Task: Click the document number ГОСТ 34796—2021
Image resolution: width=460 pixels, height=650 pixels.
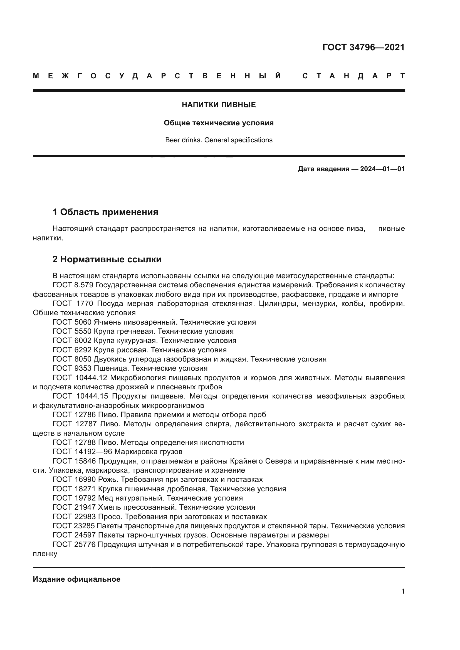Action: [x=363, y=47]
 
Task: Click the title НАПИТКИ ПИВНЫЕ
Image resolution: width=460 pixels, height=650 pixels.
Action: [x=219, y=105]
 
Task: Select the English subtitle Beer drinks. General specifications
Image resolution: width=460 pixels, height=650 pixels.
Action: [x=219, y=140]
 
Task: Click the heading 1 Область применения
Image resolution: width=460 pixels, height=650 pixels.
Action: [x=105, y=212]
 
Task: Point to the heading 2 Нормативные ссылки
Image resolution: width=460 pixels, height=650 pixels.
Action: [x=107, y=259]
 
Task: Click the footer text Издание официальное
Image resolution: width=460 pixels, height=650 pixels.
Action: [x=76, y=579]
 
